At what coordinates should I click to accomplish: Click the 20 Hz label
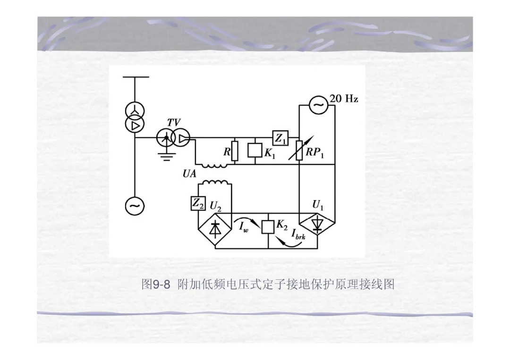click(x=344, y=99)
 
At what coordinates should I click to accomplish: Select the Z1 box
click(x=280, y=138)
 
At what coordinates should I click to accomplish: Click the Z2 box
click(x=197, y=203)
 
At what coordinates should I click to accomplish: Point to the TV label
click(x=173, y=123)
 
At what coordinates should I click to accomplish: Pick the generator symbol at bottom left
click(x=134, y=205)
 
